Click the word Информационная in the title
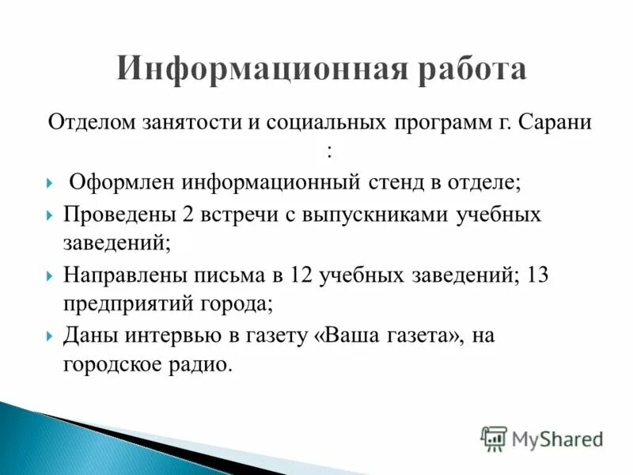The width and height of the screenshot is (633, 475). [242, 69]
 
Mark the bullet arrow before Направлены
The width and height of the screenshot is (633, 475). [50, 276]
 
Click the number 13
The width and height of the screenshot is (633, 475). [535, 275]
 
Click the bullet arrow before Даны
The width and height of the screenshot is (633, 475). [50, 336]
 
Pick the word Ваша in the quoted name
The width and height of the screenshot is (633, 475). [351, 336]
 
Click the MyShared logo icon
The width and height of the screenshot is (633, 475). [494, 439]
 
